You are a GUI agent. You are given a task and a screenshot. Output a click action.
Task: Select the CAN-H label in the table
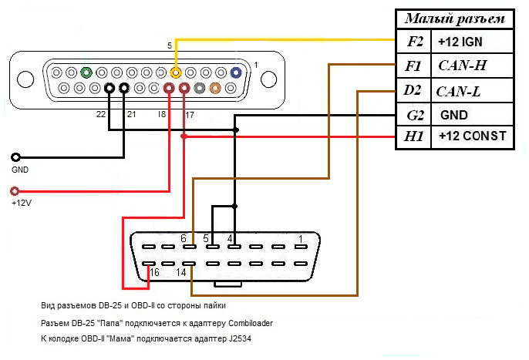[461, 66]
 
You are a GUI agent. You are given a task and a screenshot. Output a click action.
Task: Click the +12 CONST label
[471, 136]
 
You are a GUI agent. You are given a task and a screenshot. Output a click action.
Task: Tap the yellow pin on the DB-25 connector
[177, 73]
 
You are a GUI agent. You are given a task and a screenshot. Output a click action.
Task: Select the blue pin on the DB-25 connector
[235, 73]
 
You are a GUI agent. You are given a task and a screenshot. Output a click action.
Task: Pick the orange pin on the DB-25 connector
[214, 89]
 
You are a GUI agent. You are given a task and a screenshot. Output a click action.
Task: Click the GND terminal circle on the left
[15, 156]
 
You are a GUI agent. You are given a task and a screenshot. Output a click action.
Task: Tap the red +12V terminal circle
[15, 191]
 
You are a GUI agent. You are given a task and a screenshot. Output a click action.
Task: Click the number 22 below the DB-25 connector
[100, 114]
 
